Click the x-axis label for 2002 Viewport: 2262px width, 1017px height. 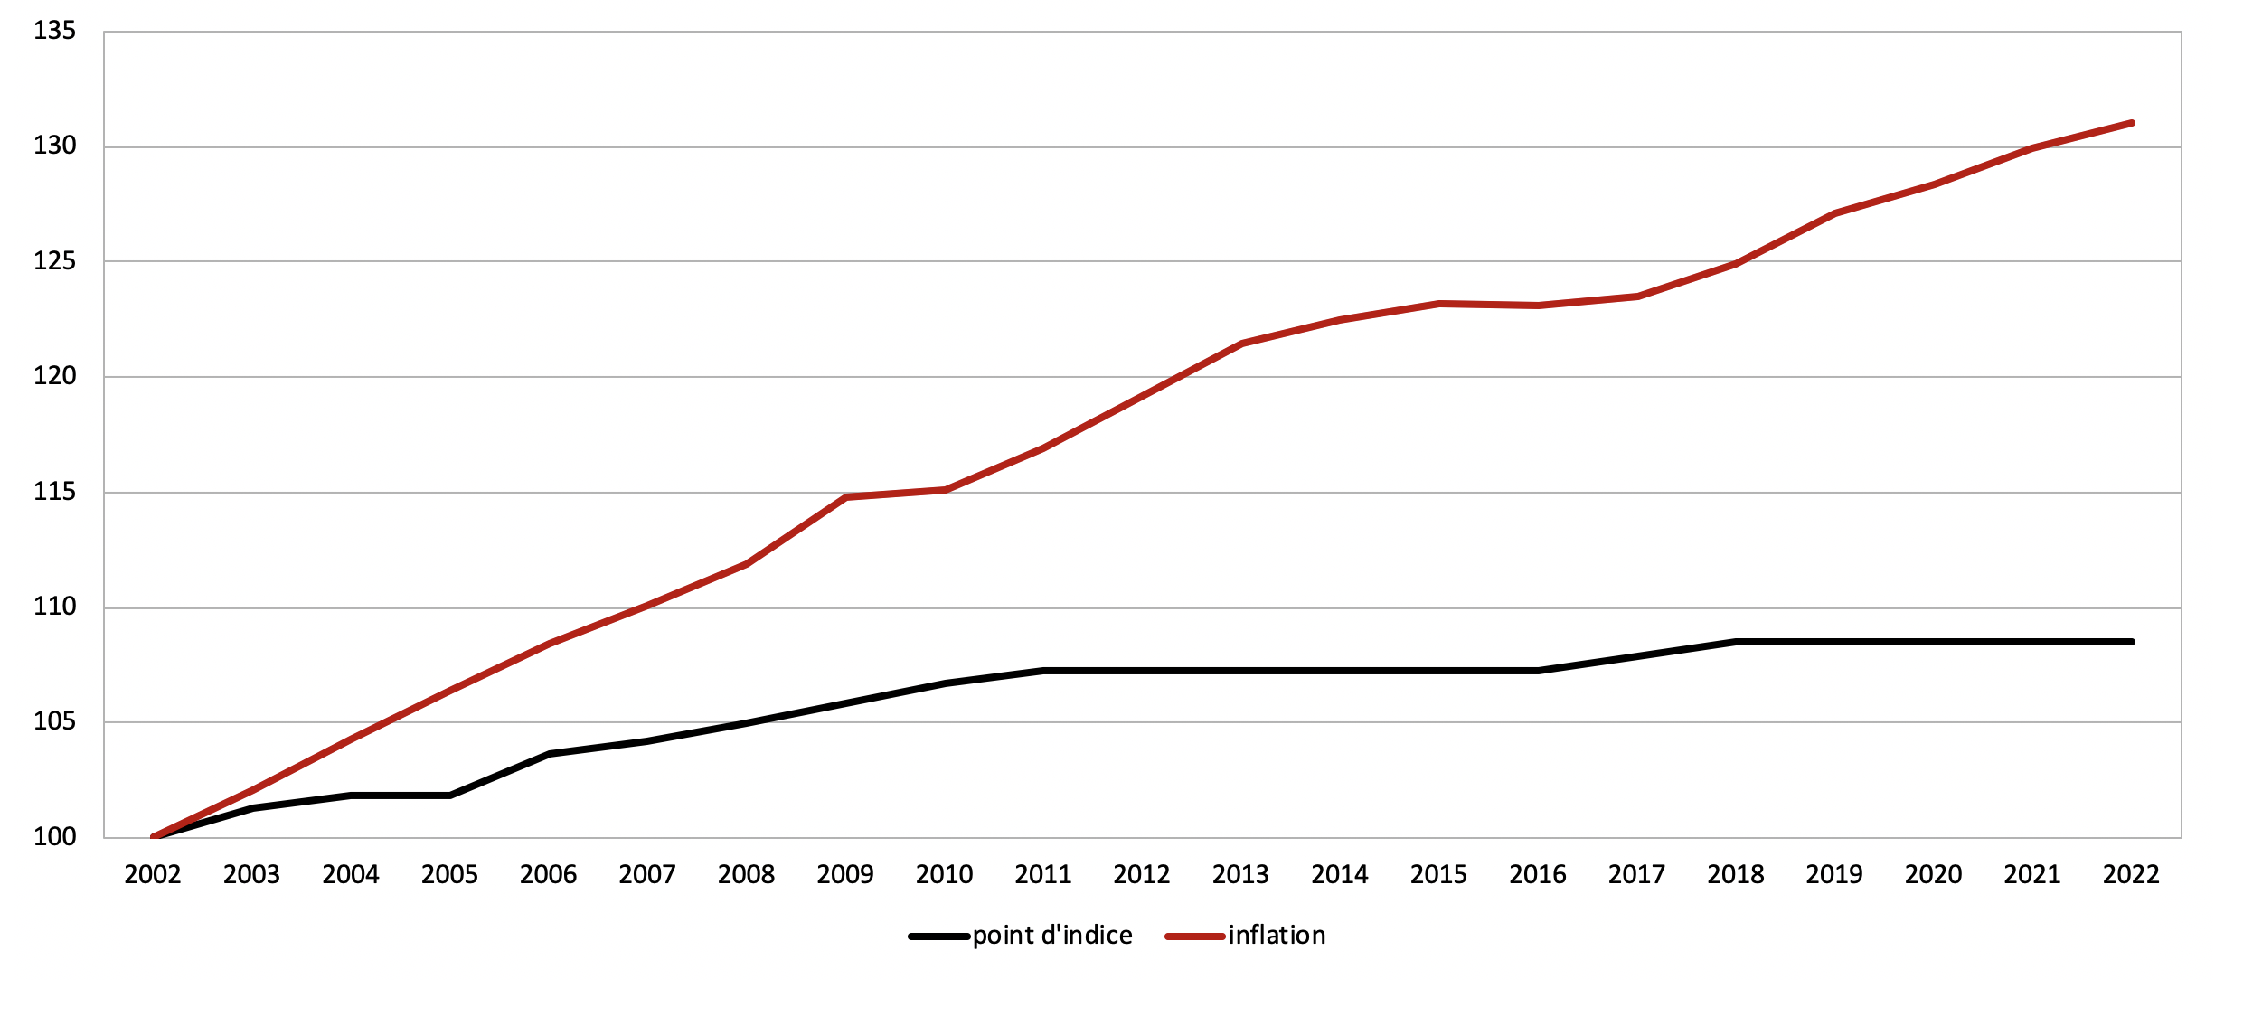(153, 875)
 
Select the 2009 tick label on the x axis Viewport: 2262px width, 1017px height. (845, 875)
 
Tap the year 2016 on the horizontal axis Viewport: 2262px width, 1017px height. (1538, 875)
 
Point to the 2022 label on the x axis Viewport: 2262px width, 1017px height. (2131, 875)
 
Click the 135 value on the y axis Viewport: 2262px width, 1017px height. (54, 32)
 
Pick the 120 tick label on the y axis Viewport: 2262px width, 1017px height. (54, 377)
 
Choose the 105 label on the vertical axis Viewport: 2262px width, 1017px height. (54, 722)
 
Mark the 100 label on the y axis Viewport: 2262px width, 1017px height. (54, 837)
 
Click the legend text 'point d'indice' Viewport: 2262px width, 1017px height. (1052, 936)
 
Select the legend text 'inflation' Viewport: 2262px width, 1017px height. (1277, 936)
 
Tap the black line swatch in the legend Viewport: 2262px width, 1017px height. (939, 937)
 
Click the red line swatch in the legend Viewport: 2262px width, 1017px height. (1195, 937)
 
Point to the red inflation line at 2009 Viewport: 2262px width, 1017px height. (846, 497)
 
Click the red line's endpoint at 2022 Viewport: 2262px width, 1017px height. (2132, 123)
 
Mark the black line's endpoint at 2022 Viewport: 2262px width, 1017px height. (2132, 642)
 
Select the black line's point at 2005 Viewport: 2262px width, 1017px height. (450, 796)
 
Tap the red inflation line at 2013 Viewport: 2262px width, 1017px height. (1242, 344)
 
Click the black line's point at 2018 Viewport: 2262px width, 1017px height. (1736, 642)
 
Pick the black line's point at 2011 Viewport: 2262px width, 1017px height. (1043, 671)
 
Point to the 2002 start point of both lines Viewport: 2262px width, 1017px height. (154, 837)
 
